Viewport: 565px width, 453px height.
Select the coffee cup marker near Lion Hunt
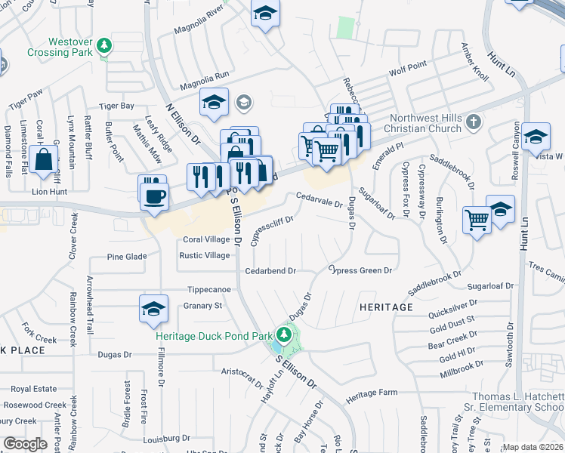click(153, 194)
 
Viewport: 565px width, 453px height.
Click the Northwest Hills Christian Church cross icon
click(474, 122)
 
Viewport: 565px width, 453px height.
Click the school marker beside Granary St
click(153, 308)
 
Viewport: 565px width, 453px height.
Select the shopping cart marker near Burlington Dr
click(477, 220)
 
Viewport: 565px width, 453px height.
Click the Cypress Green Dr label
click(361, 270)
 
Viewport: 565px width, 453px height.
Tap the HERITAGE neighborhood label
click(387, 307)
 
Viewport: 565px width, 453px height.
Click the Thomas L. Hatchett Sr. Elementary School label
click(518, 402)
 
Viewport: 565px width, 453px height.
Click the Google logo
click(26, 444)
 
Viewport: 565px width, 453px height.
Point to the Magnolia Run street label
click(201, 75)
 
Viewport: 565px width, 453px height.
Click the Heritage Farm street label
click(372, 393)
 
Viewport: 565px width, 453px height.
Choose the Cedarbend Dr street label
click(269, 270)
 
